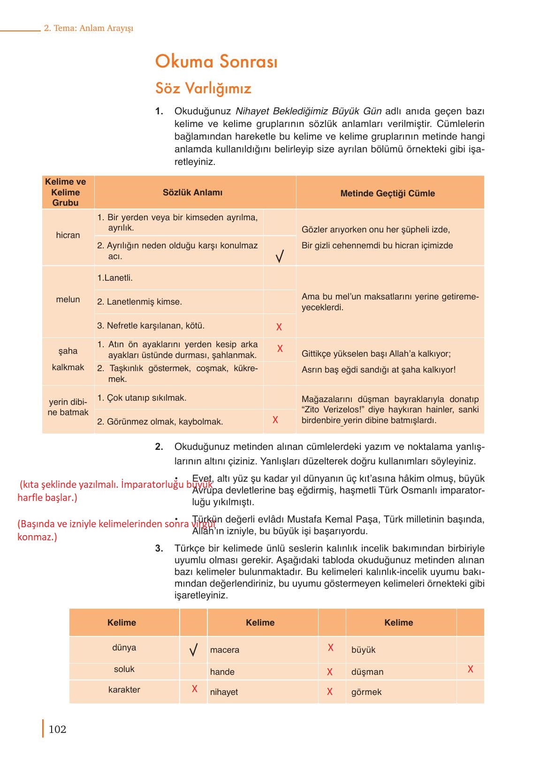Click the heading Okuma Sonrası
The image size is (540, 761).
tap(216, 61)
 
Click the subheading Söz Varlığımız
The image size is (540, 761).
tap(203, 88)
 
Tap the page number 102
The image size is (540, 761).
tap(57, 729)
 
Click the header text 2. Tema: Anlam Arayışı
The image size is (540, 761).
tap(89, 28)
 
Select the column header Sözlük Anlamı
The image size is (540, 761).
tap(192, 192)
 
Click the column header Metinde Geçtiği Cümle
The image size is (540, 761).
tap(387, 193)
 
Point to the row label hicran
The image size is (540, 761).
tap(68, 235)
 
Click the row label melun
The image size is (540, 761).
tap(68, 299)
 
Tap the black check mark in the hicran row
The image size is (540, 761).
tap(280, 256)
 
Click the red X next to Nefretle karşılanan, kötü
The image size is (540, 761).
tap(279, 327)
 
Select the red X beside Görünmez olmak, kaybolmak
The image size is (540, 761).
tap(275, 420)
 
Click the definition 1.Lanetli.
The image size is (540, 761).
tap(115, 278)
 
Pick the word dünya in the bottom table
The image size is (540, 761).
tap(124, 648)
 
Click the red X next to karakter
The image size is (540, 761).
tap(195, 689)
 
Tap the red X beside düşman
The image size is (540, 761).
tap(470, 669)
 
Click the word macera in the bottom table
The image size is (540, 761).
tap(225, 650)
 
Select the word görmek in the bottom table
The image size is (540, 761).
tap(366, 692)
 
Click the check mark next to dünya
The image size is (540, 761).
tap(193, 650)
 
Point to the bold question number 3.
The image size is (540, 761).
tap(159, 548)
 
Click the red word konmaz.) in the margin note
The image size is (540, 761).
tap(37, 537)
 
